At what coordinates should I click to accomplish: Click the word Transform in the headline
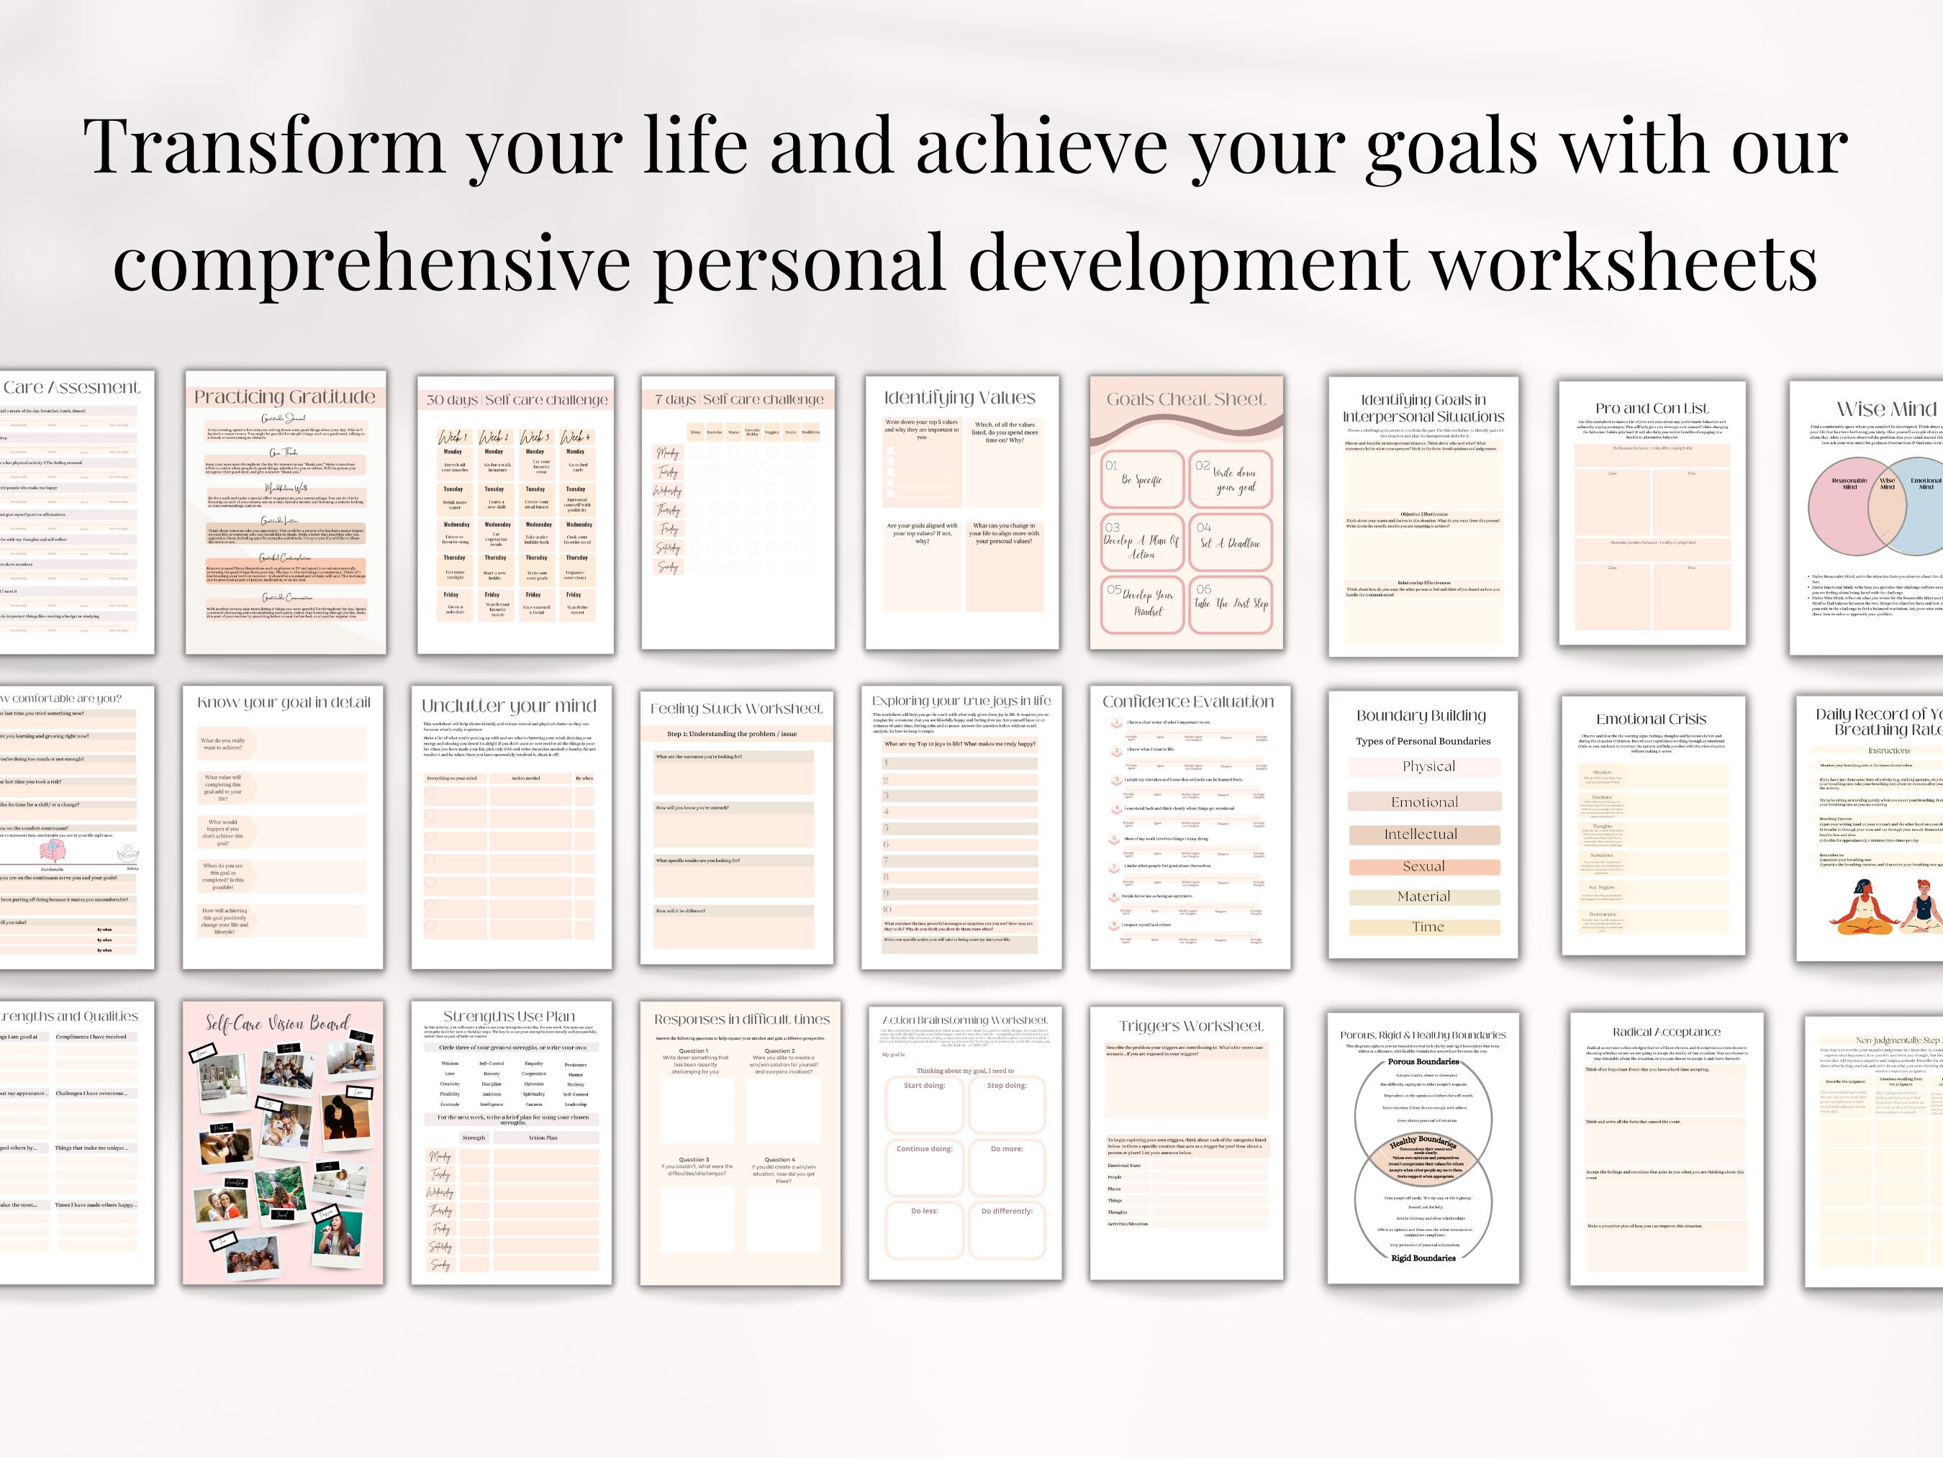263,147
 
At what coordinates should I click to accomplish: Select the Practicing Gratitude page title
284,397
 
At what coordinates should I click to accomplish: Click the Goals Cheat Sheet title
1186,399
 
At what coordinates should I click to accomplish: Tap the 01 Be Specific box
1142,478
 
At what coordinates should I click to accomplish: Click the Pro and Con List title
1652,409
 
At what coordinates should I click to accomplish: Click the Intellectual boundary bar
1425,835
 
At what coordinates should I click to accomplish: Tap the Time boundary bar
1425,927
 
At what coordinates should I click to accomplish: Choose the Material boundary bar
1425,897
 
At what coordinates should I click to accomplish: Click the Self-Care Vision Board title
278,1024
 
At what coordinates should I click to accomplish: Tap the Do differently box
1007,1230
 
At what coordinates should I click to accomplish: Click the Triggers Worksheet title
1191,1026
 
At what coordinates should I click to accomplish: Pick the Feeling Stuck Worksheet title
736,709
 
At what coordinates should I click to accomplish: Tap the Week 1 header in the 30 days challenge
453,437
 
